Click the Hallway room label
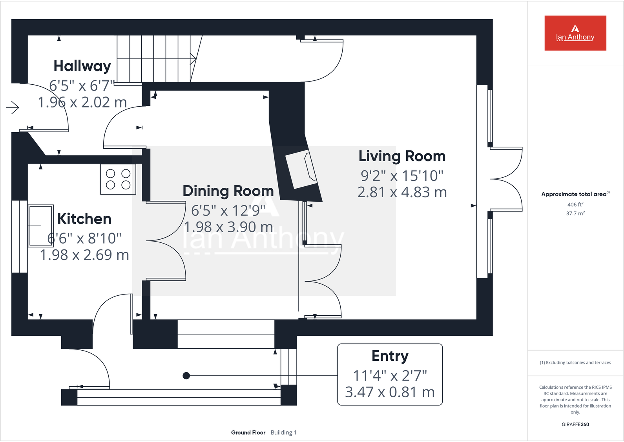point(82,66)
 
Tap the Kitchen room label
point(84,219)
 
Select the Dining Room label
point(228,191)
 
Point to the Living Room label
point(402,156)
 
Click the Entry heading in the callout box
point(390,356)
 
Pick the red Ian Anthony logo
point(575,33)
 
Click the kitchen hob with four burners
point(118,179)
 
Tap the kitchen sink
point(41,226)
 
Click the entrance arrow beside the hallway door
point(13,107)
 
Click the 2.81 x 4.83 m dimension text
point(402,192)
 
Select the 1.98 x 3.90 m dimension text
point(228,227)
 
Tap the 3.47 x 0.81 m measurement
point(390,392)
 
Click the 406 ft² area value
point(575,204)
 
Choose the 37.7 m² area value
point(575,213)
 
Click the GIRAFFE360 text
point(575,424)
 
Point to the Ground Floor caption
point(248,433)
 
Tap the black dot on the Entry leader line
point(186,376)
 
